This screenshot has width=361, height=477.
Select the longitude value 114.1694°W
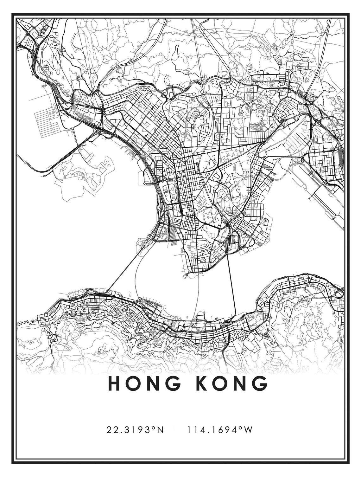pyautogui.click(x=219, y=430)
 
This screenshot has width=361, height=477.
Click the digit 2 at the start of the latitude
pyautogui.click(x=109, y=430)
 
